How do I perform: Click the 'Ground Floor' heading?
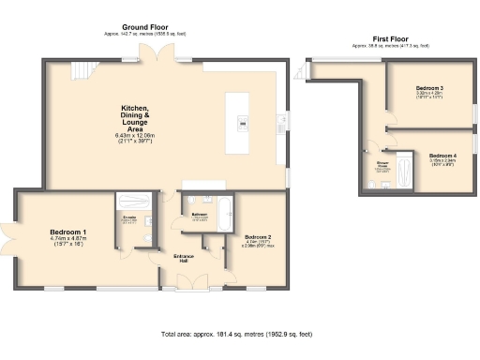(x=145, y=27)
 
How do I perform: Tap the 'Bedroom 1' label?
(x=68, y=232)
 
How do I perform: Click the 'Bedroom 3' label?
(x=429, y=88)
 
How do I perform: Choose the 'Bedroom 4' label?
(x=442, y=155)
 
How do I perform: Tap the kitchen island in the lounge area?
(x=243, y=121)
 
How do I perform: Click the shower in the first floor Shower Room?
(x=404, y=171)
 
